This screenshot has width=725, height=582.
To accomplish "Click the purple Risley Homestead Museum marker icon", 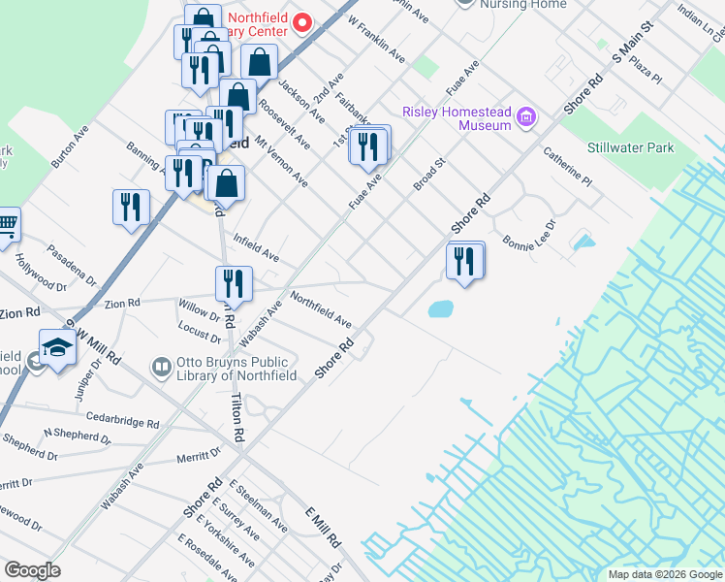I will click(526, 118).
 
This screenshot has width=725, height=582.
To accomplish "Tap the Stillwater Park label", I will click(630, 148).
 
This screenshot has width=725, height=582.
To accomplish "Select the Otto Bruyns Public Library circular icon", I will click(162, 368).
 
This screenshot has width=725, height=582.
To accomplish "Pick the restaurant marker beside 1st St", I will click(368, 145).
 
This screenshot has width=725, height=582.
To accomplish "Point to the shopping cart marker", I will click(6, 225).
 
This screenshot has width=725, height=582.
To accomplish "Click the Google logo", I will click(33, 570).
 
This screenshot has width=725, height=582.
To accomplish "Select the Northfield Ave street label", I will click(321, 309).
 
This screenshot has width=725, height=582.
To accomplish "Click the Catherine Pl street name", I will click(567, 167).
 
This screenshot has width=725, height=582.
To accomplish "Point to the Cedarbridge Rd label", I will click(122, 423).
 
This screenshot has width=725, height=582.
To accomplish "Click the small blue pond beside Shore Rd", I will click(440, 309).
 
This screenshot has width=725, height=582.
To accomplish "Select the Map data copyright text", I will click(664, 574).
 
